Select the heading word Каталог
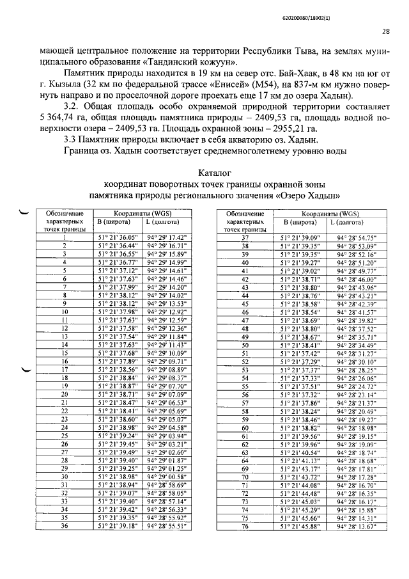pos(214,173)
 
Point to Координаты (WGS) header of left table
pos(142,212)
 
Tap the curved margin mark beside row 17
pos(27,370)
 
